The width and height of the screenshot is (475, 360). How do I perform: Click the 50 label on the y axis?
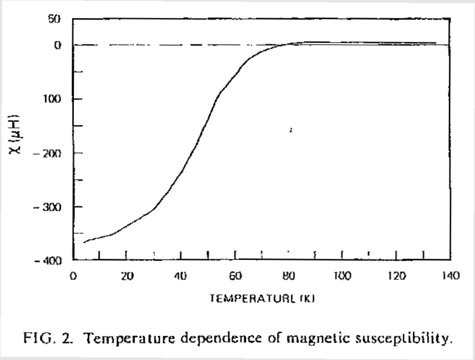tap(56, 20)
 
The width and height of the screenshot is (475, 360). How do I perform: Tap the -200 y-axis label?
tap(52, 153)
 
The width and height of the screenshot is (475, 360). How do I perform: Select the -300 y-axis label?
tap(52, 207)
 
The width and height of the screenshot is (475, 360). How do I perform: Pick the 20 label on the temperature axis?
tap(126, 276)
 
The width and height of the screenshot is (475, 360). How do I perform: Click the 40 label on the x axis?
tap(180, 276)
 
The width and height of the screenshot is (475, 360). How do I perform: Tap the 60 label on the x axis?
tap(235, 276)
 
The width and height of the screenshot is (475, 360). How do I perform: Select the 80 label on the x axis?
tap(288, 276)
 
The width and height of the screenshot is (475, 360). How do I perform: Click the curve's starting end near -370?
tap(85, 243)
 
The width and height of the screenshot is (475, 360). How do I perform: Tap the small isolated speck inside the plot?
tap(290, 130)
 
